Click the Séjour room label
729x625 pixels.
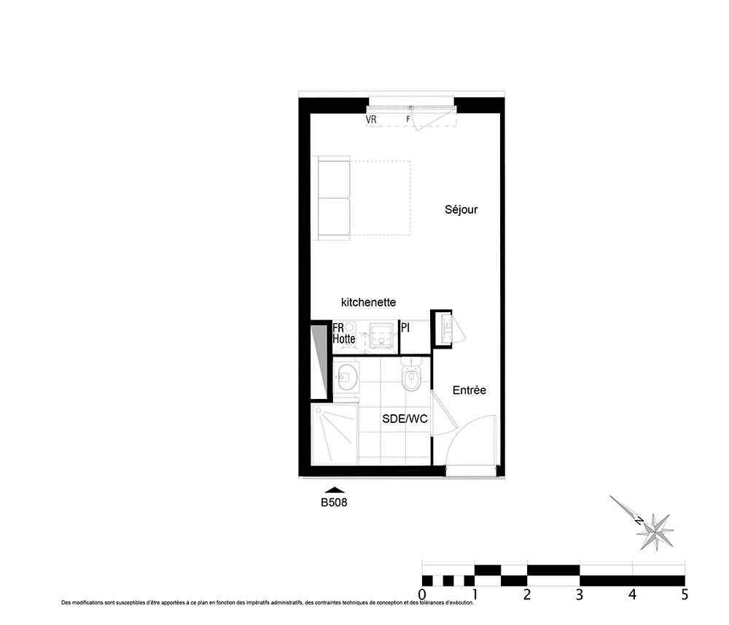[x=461, y=210]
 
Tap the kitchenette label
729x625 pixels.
[x=368, y=302]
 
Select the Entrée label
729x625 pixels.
[x=469, y=390]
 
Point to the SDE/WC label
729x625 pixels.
[x=405, y=419]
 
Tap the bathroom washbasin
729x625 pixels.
[x=346, y=376]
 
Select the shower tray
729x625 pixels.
[x=335, y=435]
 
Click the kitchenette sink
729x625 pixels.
[x=381, y=335]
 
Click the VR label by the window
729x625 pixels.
[x=371, y=120]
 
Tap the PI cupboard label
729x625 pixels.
[x=405, y=328]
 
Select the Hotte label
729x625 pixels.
[x=343, y=339]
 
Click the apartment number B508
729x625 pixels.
[x=334, y=502]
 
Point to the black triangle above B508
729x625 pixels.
[x=335, y=489]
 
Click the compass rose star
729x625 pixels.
[x=655, y=531]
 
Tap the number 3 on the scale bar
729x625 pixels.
[x=580, y=595]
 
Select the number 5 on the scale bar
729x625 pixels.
[x=685, y=595]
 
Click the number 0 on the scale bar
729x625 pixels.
[x=421, y=595]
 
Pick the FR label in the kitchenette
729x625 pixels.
[x=338, y=328]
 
